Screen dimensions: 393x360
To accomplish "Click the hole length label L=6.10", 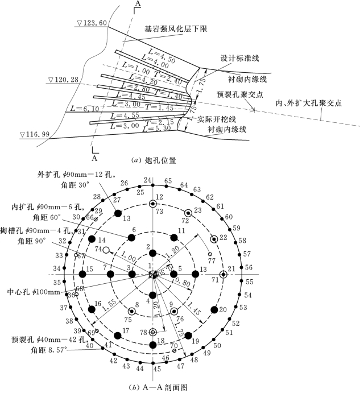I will (78, 109).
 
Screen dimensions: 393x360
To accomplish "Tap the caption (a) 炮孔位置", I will (153, 160).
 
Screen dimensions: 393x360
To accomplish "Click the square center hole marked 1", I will (152, 274).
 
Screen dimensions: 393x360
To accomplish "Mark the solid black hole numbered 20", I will (214, 309).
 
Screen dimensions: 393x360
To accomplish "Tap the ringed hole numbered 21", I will (223, 274).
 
